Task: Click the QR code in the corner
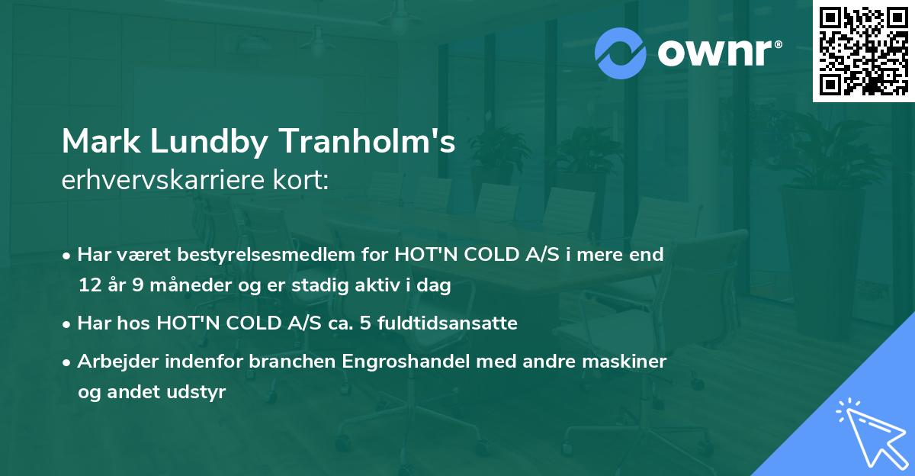[863, 51]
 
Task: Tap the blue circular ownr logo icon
[620, 53]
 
